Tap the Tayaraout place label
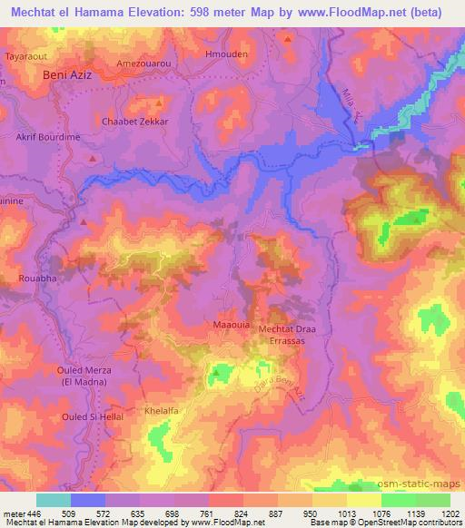click(x=25, y=54)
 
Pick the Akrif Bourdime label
click(x=47, y=139)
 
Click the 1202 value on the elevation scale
click(x=450, y=513)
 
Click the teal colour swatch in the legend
click(x=54, y=500)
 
